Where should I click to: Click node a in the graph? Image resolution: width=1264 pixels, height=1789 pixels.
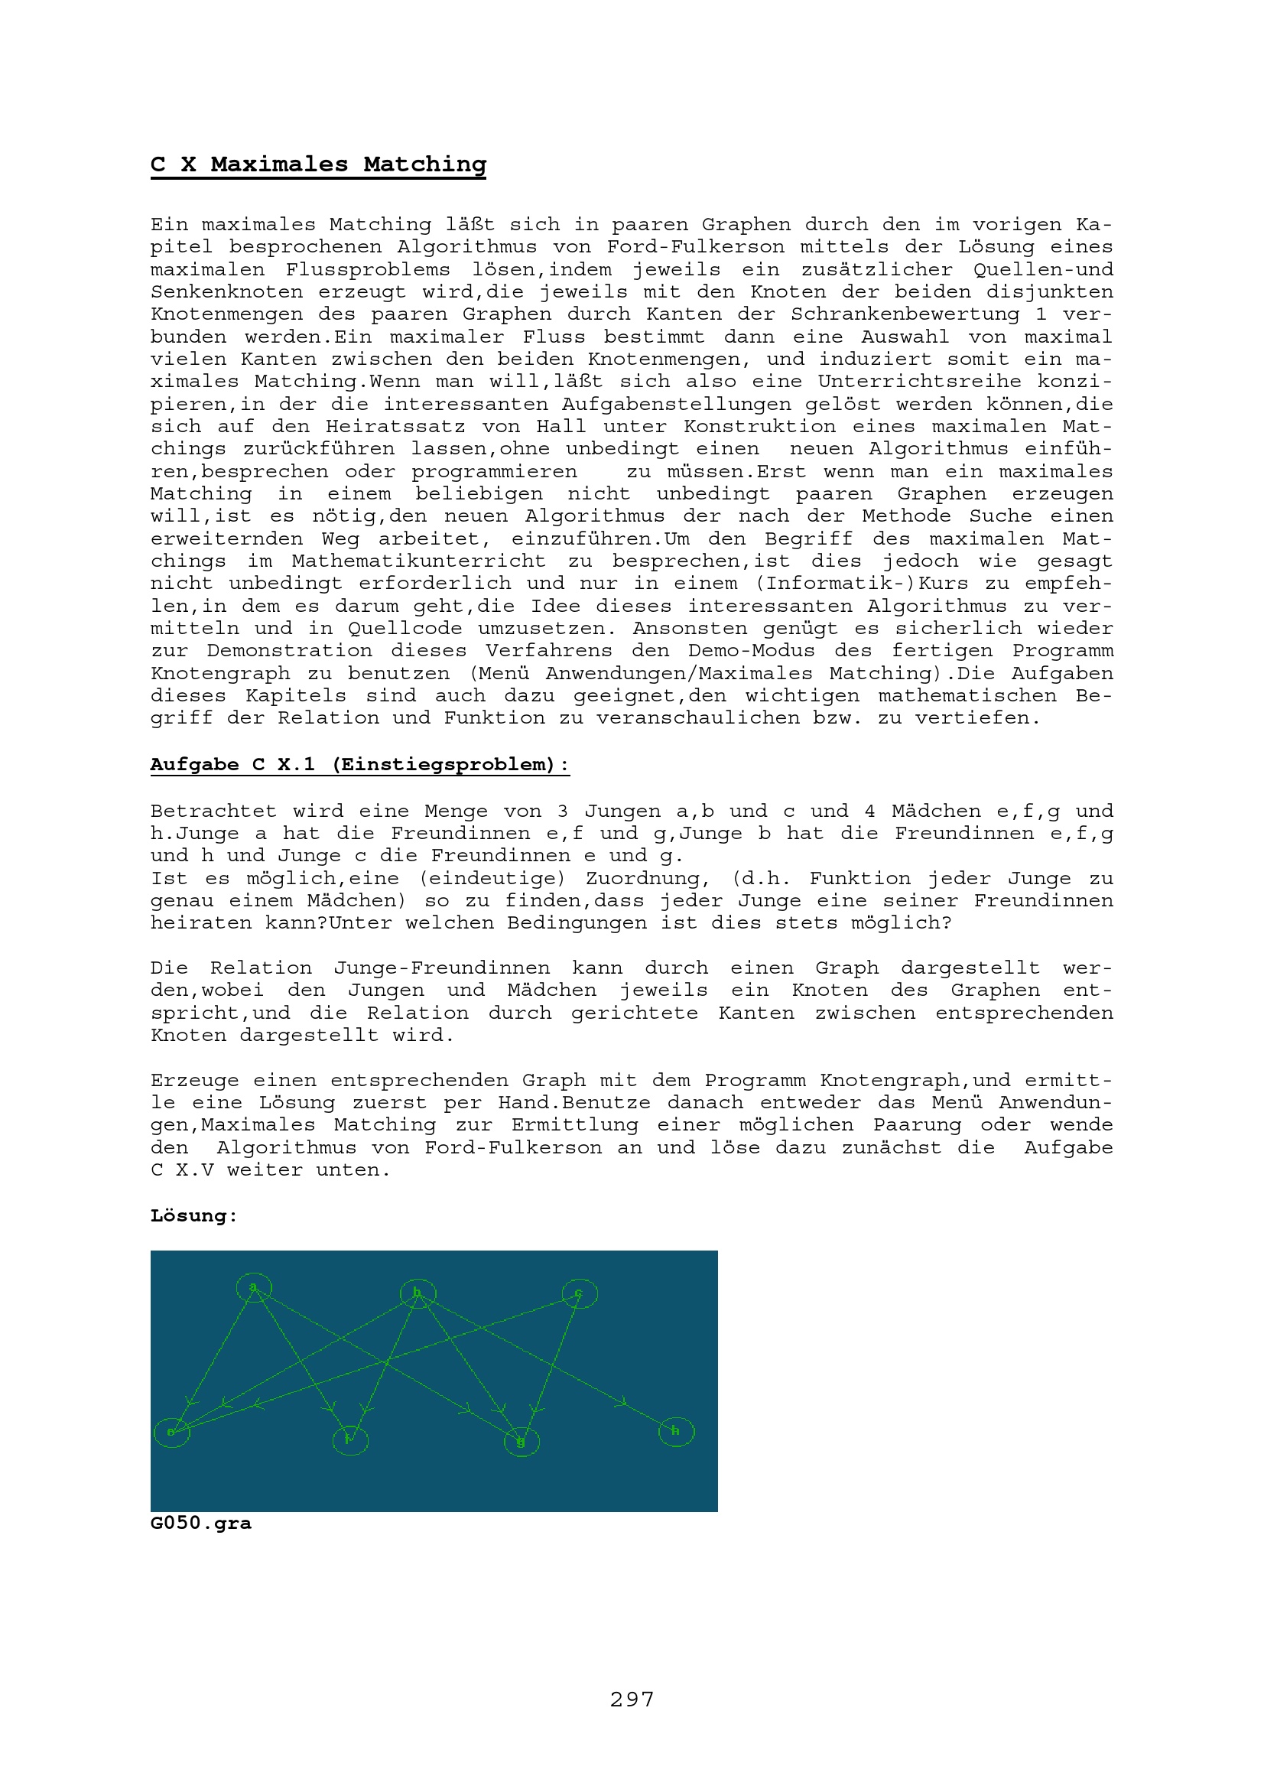coord(254,1287)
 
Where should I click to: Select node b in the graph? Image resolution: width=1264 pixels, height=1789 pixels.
coord(418,1293)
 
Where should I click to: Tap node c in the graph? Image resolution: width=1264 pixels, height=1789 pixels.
coord(580,1294)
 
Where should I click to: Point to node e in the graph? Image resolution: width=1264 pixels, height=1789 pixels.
coord(172,1432)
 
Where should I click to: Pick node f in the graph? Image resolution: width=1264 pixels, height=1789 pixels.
coord(350,1439)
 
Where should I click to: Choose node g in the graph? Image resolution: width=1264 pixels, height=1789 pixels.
coord(521,1442)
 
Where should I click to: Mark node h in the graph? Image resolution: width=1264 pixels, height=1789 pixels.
coord(676,1431)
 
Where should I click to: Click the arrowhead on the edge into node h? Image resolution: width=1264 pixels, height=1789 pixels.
coord(622,1403)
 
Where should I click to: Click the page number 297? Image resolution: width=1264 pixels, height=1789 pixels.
coord(632,1698)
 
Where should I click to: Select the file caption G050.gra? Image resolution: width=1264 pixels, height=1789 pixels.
coord(201,1523)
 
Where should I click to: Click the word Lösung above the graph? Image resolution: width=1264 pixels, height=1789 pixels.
coord(193,1215)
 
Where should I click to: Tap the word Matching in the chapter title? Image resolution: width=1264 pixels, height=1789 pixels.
coord(424,164)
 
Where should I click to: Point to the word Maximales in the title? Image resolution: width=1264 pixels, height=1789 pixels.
coord(280,164)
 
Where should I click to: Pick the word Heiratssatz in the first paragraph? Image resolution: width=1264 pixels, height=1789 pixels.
coord(395,426)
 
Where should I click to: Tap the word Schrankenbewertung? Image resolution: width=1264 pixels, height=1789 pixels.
coord(905,314)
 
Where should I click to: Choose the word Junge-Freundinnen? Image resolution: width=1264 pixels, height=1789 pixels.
coord(441,968)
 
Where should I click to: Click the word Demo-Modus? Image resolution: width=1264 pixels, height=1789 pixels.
coord(751,651)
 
